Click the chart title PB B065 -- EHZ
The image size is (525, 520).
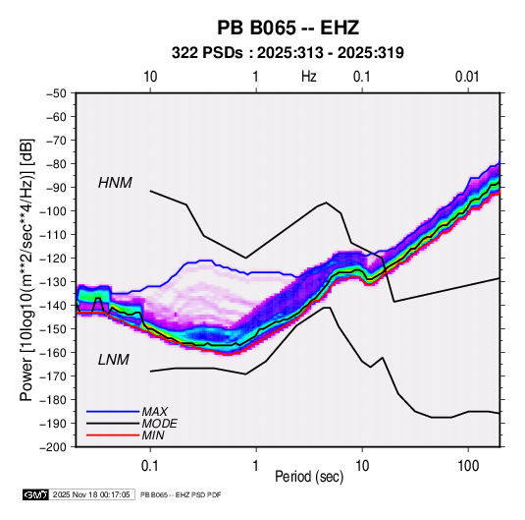(288, 28)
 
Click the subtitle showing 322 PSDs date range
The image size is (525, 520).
(288, 53)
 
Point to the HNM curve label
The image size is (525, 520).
(115, 183)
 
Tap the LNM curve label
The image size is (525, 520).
(114, 360)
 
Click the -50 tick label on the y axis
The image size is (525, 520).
(56, 93)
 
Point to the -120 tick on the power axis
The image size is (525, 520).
(53, 259)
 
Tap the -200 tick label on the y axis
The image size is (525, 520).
(53, 447)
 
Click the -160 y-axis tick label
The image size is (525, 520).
(53, 353)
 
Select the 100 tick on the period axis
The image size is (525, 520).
(468, 466)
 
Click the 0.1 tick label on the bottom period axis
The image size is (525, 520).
(150, 466)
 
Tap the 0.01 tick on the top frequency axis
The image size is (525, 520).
(467, 77)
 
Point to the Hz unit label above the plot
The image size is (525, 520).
(309, 77)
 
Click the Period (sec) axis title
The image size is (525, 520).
(309, 477)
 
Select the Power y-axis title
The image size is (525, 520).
(26, 269)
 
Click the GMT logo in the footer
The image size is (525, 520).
(35, 494)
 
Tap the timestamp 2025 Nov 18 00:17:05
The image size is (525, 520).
(91, 494)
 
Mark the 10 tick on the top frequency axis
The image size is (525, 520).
(150, 77)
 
